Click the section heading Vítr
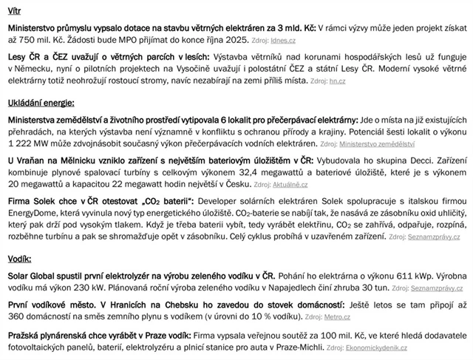pos(15,9)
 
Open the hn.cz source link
pos(337,80)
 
